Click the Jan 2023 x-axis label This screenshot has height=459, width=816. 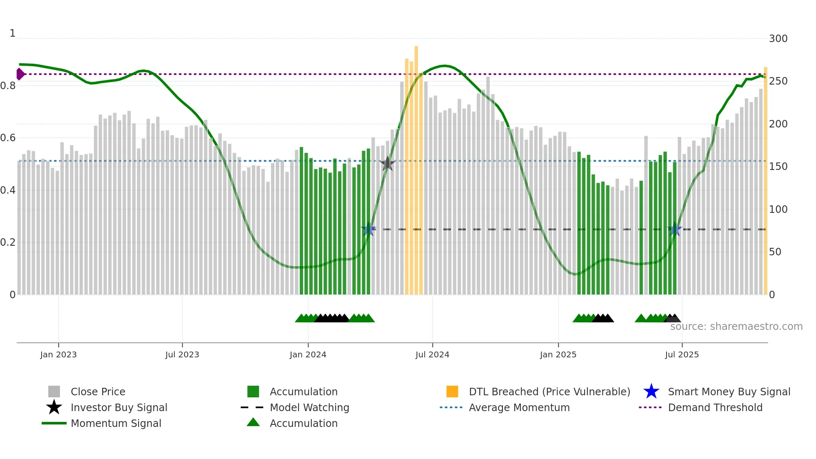tap(58, 354)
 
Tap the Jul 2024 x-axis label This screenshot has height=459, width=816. tap(432, 354)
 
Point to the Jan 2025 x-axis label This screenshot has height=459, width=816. tap(558, 354)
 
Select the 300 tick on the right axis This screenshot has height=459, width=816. tap(778, 39)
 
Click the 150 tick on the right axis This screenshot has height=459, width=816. tap(778, 167)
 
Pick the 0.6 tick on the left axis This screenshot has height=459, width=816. tap(8, 138)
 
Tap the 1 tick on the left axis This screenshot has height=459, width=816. tap(12, 33)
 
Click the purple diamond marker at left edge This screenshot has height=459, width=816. tap(20, 74)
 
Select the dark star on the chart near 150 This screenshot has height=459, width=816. tap(388, 164)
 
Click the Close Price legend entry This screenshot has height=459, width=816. tap(98, 392)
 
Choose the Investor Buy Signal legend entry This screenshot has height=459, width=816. tap(119, 407)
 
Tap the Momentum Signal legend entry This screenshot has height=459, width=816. tap(116, 423)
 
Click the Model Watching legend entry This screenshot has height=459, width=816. tap(309, 407)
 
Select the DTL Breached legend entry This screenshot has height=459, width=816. tap(549, 392)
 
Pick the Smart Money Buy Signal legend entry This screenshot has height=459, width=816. tap(729, 392)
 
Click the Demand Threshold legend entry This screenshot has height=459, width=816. tap(715, 407)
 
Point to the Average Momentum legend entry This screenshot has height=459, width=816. tap(519, 407)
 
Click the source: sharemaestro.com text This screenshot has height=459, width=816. tap(736, 327)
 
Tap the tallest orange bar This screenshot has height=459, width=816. tap(416, 167)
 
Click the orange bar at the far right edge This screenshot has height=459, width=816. tap(765, 179)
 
